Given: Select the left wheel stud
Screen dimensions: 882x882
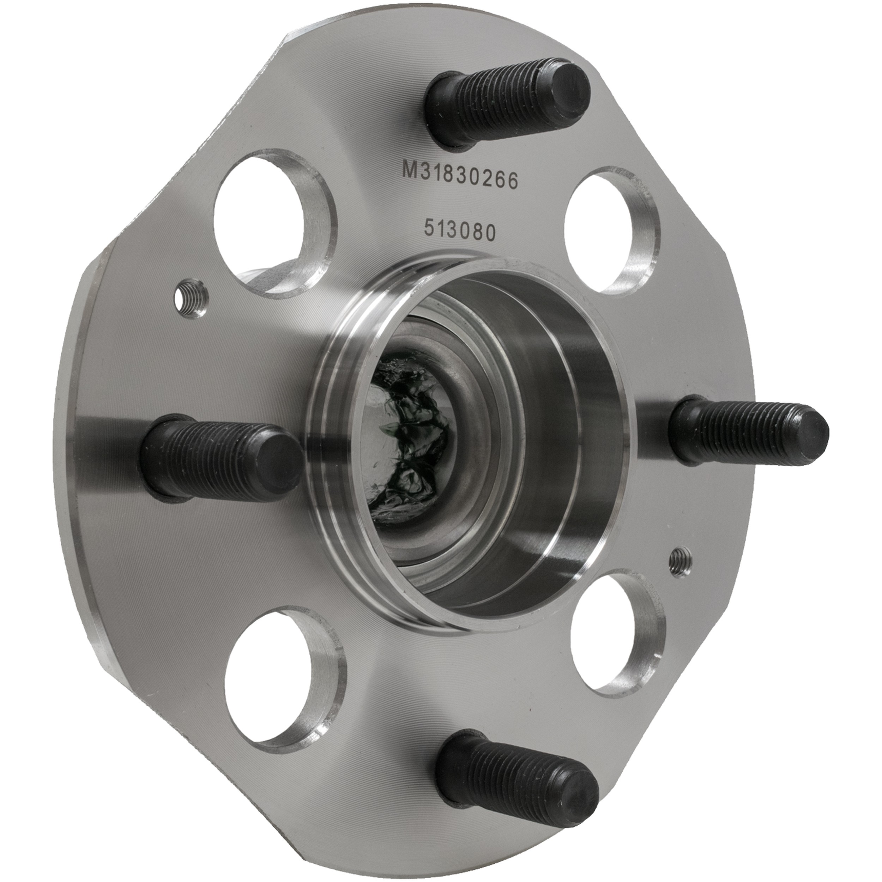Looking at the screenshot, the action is [x=221, y=457].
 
